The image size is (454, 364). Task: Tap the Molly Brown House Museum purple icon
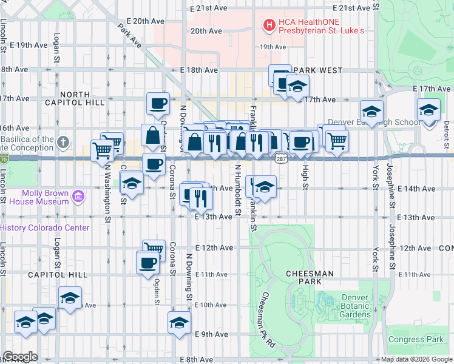[x=77, y=196]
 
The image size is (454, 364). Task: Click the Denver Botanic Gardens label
[x=355, y=306]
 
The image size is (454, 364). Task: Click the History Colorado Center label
[x=44, y=227]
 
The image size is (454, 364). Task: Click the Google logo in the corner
[x=20, y=357]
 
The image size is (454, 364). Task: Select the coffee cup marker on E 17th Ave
[x=158, y=103]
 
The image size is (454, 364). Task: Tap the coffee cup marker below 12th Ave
[x=147, y=263]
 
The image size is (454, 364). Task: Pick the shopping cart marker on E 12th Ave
[x=154, y=250]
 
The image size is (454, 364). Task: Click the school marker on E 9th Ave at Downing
[x=180, y=322]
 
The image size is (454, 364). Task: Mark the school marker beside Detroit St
[x=429, y=112]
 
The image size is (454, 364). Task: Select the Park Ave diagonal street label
[x=130, y=36]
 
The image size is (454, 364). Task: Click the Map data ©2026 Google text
[x=416, y=359]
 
